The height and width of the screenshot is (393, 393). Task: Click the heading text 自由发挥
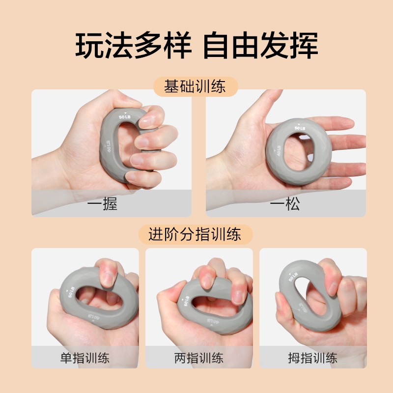[260, 45]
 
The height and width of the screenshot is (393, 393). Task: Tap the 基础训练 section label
[195, 87]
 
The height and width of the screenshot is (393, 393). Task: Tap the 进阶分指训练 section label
[195, 234]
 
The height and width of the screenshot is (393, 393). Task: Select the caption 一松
[285, 204]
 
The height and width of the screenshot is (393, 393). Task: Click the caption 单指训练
[85, 358]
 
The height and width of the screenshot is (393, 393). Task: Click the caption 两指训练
[199, 358]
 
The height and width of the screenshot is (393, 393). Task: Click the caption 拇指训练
[312, 358]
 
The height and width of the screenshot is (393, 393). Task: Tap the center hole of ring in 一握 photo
[129, 147]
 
